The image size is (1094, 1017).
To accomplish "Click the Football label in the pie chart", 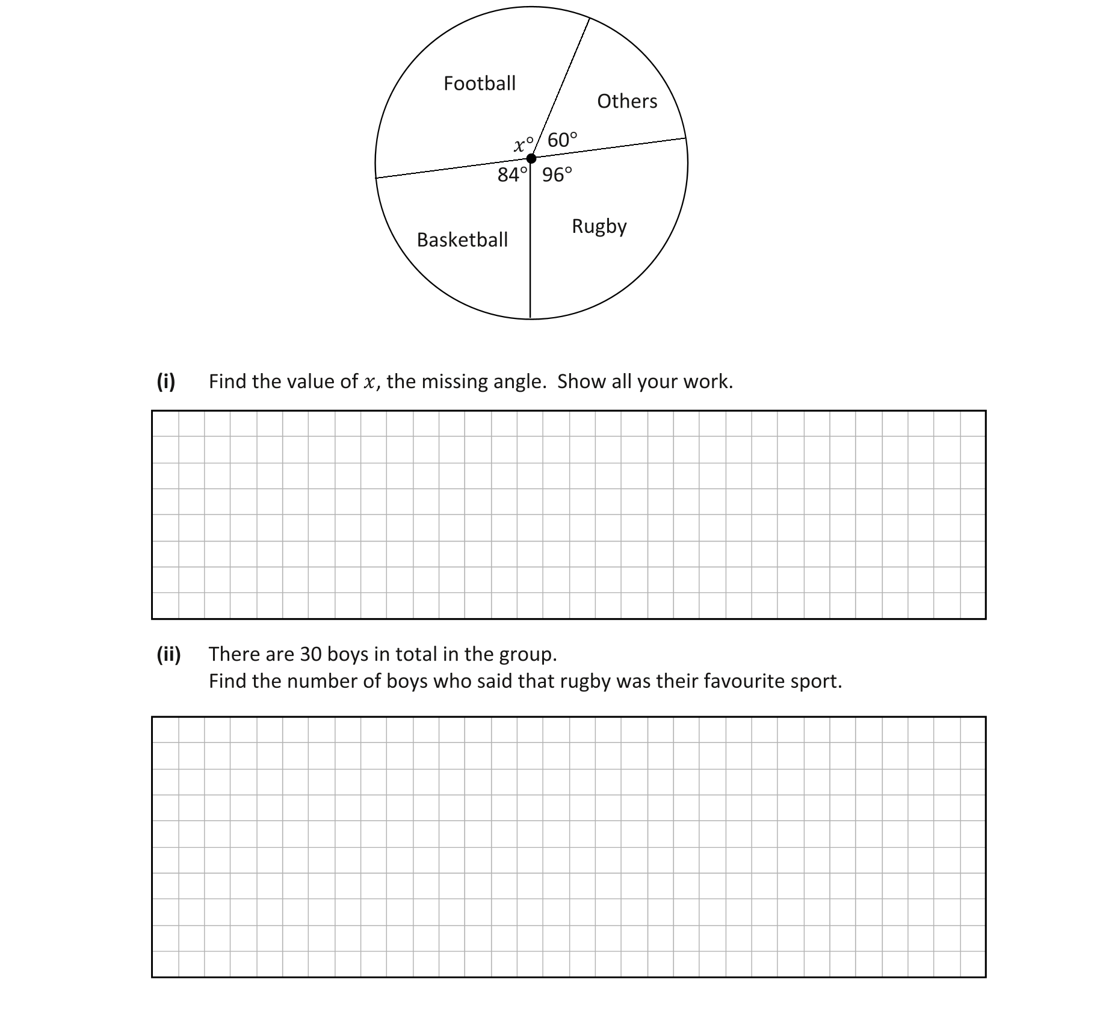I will pos(480,83).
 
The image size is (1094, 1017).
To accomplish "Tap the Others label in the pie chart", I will pos(627,101).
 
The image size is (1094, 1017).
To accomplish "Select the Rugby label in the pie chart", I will pos(599,226).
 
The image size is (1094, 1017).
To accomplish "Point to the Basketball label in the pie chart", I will pos(462,240).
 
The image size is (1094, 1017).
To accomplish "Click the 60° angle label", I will pos(562,140).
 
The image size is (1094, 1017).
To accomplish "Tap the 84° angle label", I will pos(512,175).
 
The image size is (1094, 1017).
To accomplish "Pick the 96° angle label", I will pos(557,175).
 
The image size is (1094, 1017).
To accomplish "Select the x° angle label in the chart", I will pos(524,144).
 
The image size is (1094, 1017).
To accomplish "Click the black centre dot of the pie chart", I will pos(531,159).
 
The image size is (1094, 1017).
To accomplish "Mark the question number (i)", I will pos(166,381).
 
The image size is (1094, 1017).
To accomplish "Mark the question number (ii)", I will pos(168,654).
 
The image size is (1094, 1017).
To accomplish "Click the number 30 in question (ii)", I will pos(311,654).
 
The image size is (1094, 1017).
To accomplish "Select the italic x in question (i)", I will pos(369,382).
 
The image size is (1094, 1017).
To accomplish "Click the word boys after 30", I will pos(348,654).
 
